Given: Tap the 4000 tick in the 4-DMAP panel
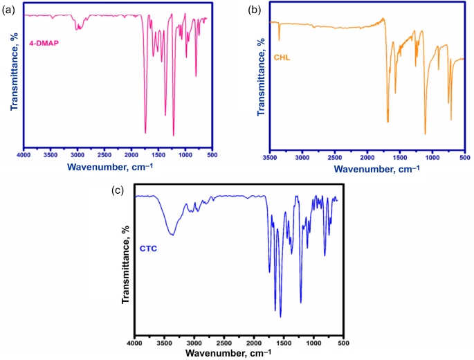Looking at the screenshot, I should [24, 156].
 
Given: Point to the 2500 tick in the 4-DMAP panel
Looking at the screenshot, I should [104, 156].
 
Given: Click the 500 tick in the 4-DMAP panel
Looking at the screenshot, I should [212, 156].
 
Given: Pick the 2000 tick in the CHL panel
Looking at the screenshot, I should [367, 157].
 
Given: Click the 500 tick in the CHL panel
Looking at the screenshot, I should [466, 157].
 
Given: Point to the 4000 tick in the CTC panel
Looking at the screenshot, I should [135, 342].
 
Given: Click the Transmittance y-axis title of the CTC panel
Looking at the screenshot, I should [126, 263].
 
